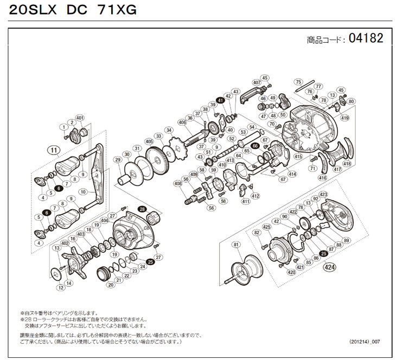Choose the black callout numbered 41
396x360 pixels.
click(220, 100)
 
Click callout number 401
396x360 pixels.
click(80, 118)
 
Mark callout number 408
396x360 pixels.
click(177, 184)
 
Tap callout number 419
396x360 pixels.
click(344, 118)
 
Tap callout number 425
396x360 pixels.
click(266, 226)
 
